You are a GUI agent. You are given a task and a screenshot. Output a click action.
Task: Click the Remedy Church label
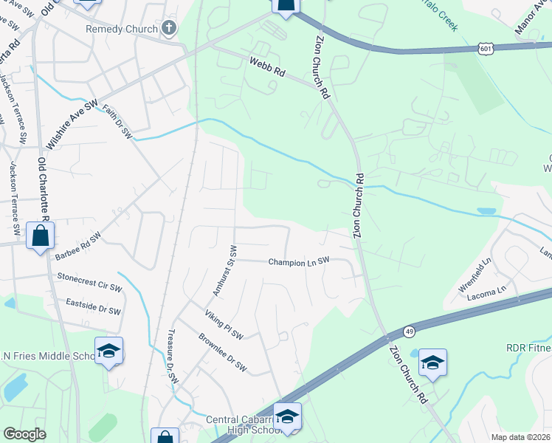tap(122, 30)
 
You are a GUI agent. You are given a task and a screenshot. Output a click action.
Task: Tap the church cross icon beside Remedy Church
tap(169, 30)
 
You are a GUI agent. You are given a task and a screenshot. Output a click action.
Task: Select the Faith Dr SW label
tap(117, 123)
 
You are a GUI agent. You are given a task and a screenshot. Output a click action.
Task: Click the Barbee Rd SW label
tap(77, 247)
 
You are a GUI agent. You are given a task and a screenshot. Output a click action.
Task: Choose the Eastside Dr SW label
tap(93, 307)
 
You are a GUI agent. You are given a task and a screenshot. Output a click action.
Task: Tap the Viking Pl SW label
tap(224, 325)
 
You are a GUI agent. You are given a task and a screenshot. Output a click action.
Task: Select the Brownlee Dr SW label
tap(222, 354)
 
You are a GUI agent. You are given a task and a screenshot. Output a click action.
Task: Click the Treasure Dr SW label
tap(173, 355)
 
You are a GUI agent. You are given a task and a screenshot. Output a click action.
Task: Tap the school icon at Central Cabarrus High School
tap(287, 416)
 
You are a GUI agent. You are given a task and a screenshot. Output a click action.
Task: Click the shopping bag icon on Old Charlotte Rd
tap(40, 237)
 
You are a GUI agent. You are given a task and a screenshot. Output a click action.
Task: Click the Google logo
tap(25, 434)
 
